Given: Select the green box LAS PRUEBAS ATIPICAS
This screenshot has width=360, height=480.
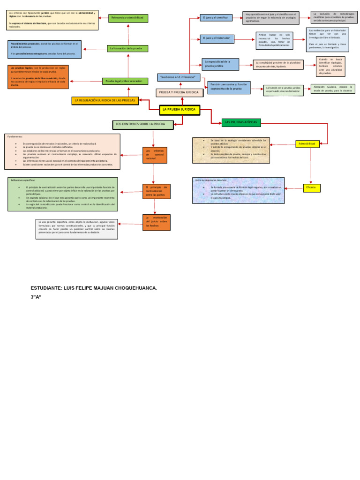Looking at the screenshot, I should click(241, 122).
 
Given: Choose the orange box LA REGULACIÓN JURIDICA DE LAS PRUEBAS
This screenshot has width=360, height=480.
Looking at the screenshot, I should click(105, 100).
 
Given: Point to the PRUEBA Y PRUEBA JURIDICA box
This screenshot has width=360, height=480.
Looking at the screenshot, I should click(179, 93).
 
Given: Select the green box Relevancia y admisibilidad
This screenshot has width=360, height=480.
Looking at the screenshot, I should click(128, 18).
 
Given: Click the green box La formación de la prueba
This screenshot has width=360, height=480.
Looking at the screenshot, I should click(127, 48).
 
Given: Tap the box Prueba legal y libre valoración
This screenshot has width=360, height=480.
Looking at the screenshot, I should click(125, 81).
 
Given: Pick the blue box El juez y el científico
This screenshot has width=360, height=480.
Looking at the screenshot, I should click(216, 18).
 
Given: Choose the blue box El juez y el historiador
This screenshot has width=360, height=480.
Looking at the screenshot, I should click(216, 38).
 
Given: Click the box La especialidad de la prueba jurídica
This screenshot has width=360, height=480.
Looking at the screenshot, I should click(220, 64).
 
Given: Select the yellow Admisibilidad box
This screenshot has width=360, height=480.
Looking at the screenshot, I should click(308, 144).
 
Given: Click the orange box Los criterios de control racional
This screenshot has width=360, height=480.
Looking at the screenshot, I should click(155, 155).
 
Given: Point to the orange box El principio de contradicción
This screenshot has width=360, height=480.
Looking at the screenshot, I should click(157, 191).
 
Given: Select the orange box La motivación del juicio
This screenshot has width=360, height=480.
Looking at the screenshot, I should click(157, 222).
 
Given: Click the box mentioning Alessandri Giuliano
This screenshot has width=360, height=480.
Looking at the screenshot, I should click(332, 89).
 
